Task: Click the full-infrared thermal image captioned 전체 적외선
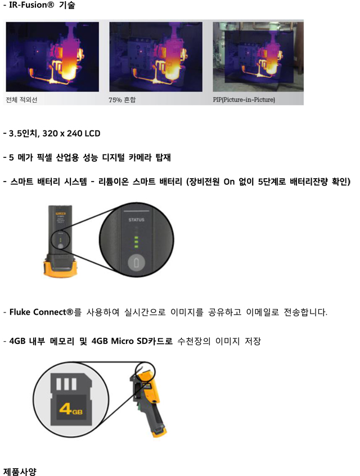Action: tap(52, 57)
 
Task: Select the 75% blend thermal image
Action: tap(156, 57)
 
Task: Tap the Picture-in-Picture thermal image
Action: tap(258, 57)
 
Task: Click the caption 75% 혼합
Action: tap(122, 100)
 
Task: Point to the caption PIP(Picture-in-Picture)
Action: tap(244, 99)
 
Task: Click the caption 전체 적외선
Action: tap(21, 100)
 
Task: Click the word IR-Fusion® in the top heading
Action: tap(31, 5)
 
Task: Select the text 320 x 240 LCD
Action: tap(71, 133)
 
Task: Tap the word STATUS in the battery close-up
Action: tap(136, 220)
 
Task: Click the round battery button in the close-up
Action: tap(136, 262)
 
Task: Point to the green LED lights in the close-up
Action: tap(136, 242)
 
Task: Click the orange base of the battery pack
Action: tap(60, 269)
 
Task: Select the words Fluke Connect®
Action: tap(42, 312)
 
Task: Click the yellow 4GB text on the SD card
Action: tap(71, 409)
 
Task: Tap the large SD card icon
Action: tap(71, 399)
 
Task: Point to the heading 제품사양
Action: tap(20, 472)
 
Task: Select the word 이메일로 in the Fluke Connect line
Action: tap(263, 312)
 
